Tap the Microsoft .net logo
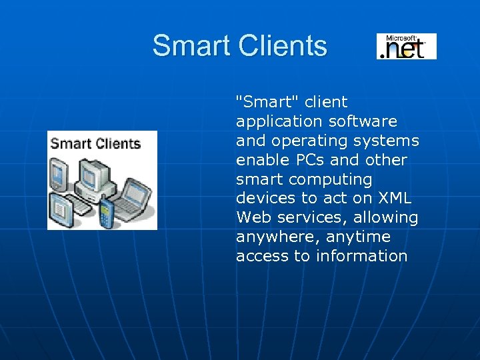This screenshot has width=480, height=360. click(x=406, y=46)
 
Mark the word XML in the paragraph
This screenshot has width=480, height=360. click(x=395, y=198)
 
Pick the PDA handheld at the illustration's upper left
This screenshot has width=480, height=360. click(x=59, y=174)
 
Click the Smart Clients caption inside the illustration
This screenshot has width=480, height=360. click(x=95, y=143)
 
